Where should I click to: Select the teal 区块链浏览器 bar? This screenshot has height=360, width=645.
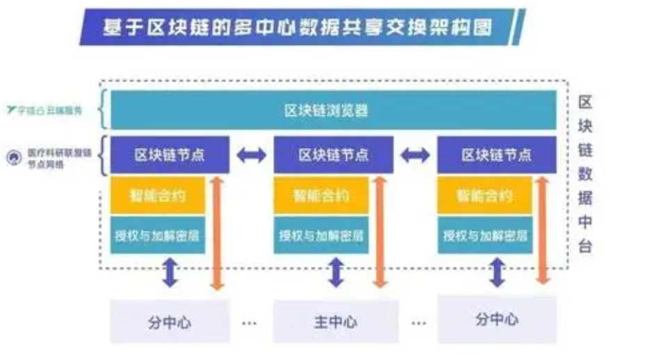point(326,111)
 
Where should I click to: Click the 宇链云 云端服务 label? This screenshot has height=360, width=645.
point(49,110)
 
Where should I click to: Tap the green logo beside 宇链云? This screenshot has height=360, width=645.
point(11,110)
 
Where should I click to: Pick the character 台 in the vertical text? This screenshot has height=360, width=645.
point(585,246)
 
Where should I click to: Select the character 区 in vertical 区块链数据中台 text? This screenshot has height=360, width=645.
point(585,103)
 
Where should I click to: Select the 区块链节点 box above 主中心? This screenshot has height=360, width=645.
point(333,155)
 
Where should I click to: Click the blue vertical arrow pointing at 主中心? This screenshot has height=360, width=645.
point(336,272)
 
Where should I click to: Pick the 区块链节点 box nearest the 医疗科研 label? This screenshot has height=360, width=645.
point(170,155)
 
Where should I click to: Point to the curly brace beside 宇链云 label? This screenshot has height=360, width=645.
point(103,110)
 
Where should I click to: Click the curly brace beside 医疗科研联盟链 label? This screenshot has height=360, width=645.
point(103,156)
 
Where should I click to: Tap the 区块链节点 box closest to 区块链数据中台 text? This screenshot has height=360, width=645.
point(496,155)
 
